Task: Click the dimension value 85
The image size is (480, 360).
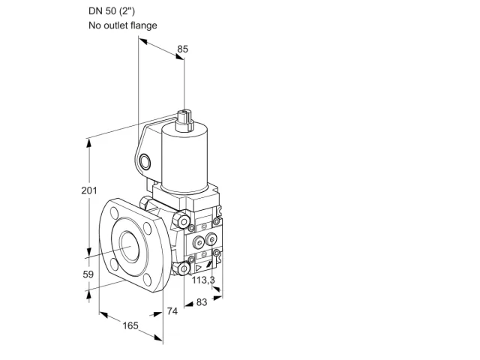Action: click(x=182, y=49)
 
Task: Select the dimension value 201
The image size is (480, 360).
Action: click(x=89, y=190)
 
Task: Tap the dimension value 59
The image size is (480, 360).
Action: click(x=88, y=274)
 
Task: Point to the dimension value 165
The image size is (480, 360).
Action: click(x=130, y=325)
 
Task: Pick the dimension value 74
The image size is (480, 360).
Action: click(x=172, y=311)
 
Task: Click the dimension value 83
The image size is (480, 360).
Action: click(x=202, y=302)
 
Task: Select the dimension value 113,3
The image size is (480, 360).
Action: click(x=203, y=280)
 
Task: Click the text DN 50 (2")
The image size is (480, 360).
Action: click(x=112, y=11)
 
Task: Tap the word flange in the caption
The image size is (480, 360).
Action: click(x=143, y=25)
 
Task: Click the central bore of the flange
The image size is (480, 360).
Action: click(x=130, y=247)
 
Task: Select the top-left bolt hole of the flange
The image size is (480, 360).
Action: click(x=115, y=212)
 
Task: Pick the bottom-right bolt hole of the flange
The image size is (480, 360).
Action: click(x=148, y=280)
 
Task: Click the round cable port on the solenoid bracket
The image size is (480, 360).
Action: click(x=145, y=162)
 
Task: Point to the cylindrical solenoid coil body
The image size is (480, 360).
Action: click(x=184, y=158)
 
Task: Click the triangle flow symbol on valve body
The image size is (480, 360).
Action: click(x=198, y=268)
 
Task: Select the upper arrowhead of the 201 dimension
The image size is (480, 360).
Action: click(x=89, y=143)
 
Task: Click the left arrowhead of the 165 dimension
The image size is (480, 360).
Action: click(x=103, y=314)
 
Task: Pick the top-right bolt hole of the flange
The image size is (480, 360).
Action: click(x=148, y=228)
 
